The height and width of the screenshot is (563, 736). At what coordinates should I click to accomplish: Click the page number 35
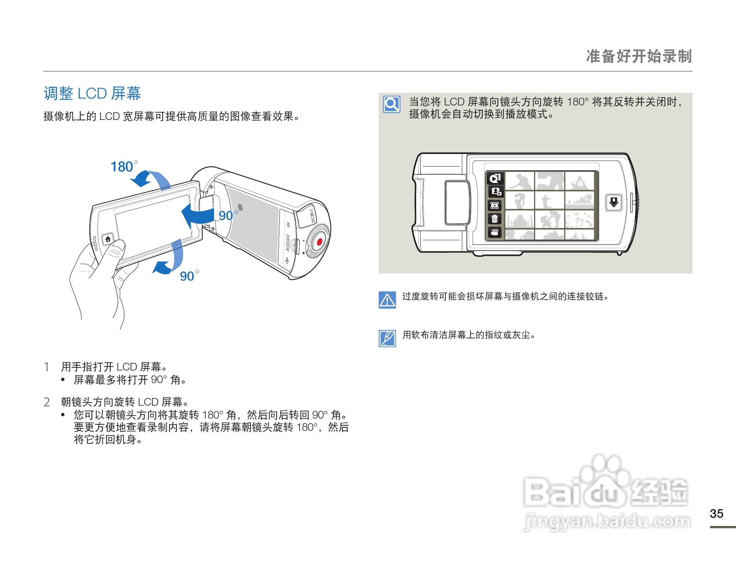[x=716, y=514]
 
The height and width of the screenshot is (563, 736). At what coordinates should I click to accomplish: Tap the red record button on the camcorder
[x=320, y=242]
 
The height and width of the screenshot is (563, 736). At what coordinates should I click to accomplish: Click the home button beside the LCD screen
[x=108, y=239]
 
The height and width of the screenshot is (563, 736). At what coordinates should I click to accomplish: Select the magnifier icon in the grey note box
[x=392, y=104]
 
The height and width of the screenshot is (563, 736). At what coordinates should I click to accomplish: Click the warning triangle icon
[x=387, y=300]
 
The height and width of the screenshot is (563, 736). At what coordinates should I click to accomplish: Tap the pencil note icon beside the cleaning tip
[x=387, y=338]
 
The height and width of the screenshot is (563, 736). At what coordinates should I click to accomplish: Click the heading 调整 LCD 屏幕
[x=92, y=94]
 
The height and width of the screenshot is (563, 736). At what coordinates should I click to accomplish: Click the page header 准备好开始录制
[x=638, y=56]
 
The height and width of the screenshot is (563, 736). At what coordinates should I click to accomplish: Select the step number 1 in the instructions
[x=47, y=367]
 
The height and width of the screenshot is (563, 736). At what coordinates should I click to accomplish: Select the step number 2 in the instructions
[x=47, y=402]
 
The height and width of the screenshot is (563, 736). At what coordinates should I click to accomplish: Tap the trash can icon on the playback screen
[x=495, y=219]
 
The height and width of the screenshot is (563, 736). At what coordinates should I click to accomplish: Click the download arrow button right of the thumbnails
[x=613, y=202]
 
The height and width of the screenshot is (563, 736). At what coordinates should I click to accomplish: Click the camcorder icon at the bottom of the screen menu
[x=495, y=232]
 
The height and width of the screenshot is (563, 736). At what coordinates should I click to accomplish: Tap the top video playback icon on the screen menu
[x=495, y=178]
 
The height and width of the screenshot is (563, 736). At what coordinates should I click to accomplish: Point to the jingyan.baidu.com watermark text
[x=607, y=521]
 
